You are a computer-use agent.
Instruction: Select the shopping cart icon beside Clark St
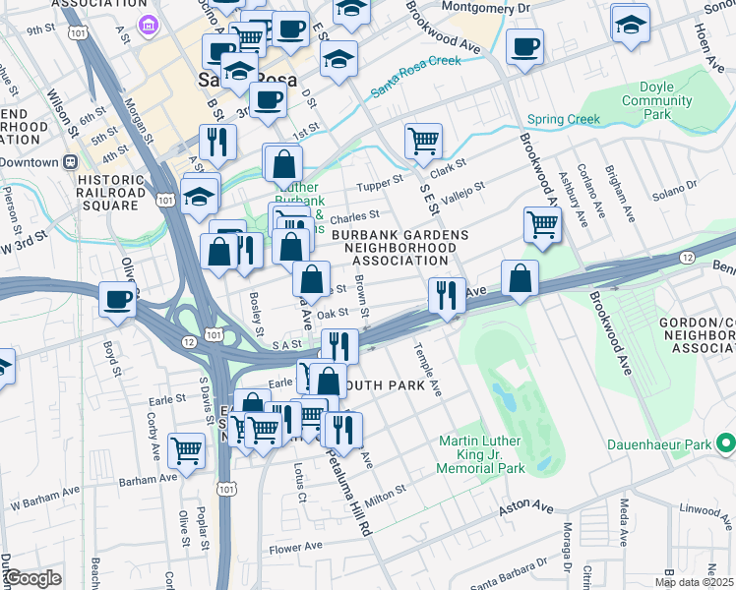click(x=423, y=141)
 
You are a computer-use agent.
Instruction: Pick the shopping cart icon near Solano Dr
click(x=542, y=224)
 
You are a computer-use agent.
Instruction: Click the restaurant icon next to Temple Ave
click(x=447, y=295)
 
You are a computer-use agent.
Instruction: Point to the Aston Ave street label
click(x=526, y=507)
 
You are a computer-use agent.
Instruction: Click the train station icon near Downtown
click(x=71, y=162)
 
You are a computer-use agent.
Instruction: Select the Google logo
click(x=33, y=577)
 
